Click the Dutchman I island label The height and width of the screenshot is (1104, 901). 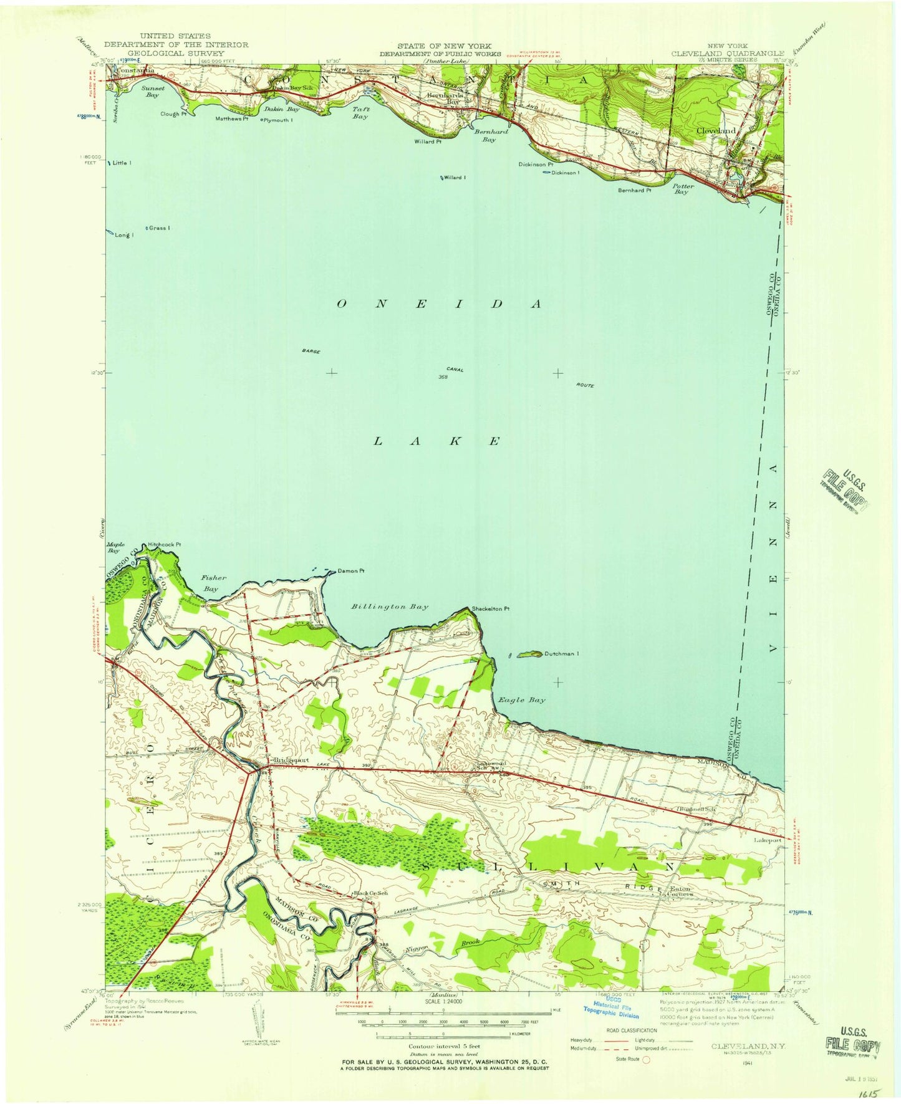(x=562, y=654)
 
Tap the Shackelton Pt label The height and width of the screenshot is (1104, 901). (x=491, y=609)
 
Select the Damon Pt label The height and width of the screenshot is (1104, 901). (x=351, y=571)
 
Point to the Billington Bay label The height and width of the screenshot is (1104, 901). (x=390, y=607)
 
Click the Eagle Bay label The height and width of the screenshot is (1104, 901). (x=521, y=700)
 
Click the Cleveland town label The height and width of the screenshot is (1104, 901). (x=715, y=131)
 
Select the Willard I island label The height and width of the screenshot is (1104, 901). (x=455, y=178)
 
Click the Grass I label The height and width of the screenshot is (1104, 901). (x=159, y=228)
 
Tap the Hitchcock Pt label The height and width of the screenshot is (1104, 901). (x=165, y=545)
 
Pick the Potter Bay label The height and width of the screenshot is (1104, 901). (x=683, y=189)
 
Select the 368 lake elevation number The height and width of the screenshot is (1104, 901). (x=443, y=377)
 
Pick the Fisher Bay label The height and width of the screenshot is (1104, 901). (x=210, y=583)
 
